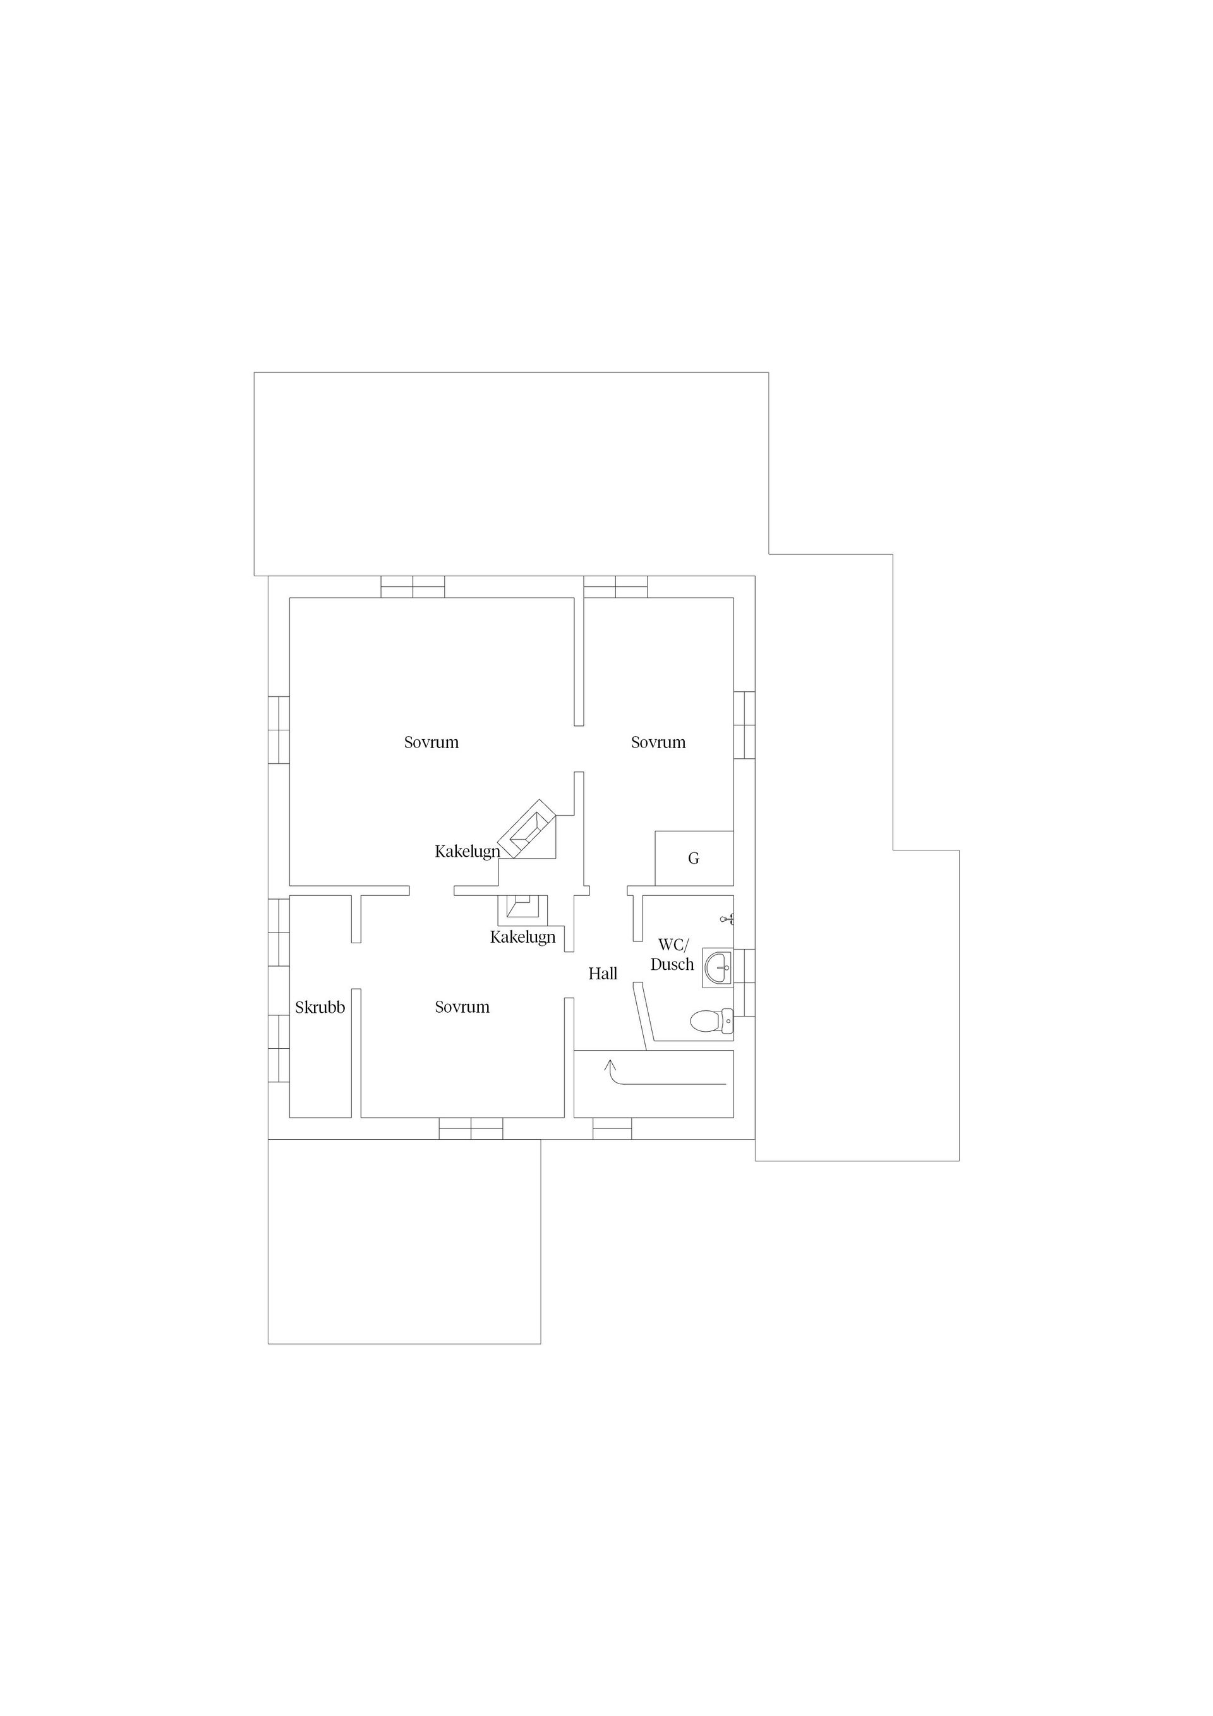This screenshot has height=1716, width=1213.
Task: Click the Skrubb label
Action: pos(320,1008)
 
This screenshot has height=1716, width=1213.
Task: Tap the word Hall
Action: pos(602,974)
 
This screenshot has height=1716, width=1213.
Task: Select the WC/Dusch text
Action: pos(672,955)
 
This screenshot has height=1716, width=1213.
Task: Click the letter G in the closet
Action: pos(694,859)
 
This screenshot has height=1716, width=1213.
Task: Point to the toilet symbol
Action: pos(711,1021)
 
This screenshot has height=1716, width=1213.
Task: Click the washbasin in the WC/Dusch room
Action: pos(718,969)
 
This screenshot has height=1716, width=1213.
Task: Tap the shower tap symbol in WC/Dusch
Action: pos(727,919)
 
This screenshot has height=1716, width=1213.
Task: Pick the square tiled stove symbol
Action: pos(523,907)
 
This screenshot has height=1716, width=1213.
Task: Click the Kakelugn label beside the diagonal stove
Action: pos(467,851)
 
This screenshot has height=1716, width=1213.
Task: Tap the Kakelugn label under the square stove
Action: pos(522,937)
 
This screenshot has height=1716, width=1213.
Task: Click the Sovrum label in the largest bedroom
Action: pos(431,743)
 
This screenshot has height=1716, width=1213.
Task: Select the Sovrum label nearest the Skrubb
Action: pos(462,1008)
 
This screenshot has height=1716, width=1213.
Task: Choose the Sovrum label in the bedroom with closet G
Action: pos(658,743)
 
